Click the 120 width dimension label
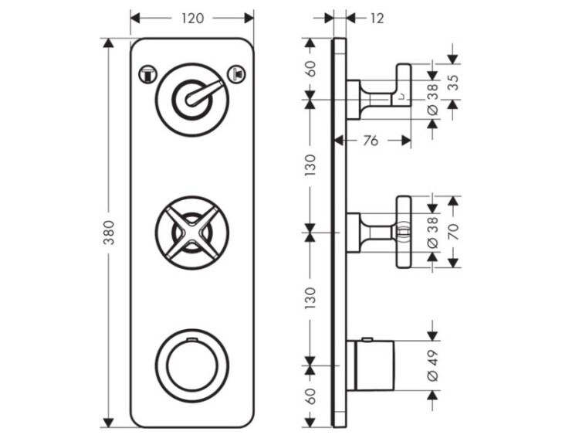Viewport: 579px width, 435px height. click(192, 18)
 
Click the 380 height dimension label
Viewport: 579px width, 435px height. click(109, 233)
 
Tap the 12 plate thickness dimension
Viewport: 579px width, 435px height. click(377, 18)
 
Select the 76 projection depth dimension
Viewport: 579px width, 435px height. click(371, 141)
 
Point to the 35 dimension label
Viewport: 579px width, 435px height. click(454, 83)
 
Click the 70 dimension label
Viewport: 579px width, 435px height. click(454, 232)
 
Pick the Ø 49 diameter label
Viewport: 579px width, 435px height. click(433, 365)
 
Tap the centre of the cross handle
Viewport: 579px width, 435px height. click(191, 233)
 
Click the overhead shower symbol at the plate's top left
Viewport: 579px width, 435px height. click(147, 74)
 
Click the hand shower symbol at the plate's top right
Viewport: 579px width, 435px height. click(237, 73)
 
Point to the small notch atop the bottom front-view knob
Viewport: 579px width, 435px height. click(191, 339)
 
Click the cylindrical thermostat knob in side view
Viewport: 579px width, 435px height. click(371, 365)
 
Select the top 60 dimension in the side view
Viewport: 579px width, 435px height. click(311, 69)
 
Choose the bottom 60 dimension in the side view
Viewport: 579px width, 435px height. click(311, 396)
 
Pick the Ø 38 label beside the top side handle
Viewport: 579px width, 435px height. click(433, 100)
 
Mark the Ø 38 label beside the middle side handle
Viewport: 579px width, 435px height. click(433, 233)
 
